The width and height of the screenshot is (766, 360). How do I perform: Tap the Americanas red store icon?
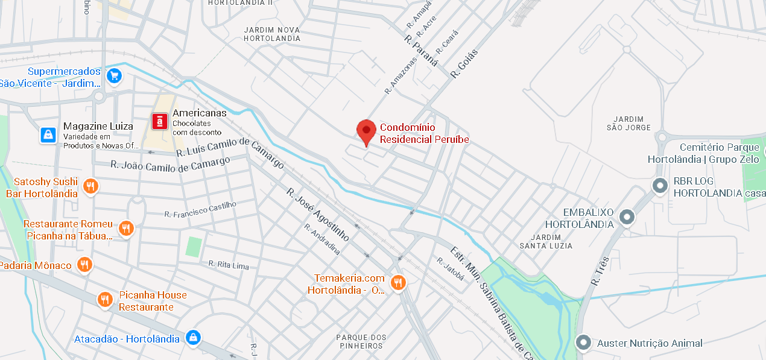tap(159, 122)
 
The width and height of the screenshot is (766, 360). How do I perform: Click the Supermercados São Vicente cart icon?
tap(113, 76)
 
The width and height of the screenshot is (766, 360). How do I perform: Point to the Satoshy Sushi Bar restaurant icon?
tap(90, 186)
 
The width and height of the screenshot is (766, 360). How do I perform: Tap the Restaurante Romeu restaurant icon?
tap(125, 228)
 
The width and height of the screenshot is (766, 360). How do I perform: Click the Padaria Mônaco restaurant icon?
tap(84, 264)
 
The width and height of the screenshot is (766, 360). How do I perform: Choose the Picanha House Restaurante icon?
tap(106, 299)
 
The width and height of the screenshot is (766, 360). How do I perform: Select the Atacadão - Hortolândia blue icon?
tap(192, 337)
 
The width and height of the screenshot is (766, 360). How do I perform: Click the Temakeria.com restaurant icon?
tap(397, 282)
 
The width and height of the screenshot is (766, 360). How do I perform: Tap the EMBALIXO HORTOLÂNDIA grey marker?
tap(627, 216)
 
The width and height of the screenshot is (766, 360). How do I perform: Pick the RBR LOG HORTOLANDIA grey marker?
tap(660, 185)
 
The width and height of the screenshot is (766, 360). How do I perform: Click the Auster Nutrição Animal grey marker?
tap(583, 343)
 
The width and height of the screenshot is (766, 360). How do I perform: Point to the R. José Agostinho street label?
tap(317, 214)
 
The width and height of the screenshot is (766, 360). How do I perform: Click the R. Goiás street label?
tap(464, 63)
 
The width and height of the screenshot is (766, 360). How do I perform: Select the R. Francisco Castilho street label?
tap(201, 210)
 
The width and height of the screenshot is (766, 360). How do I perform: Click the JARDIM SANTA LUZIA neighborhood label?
tap(546, 241)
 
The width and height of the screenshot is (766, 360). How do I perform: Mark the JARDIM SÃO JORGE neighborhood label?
tap(628, 123)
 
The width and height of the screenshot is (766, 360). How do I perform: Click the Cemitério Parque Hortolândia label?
tap(703, 153)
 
